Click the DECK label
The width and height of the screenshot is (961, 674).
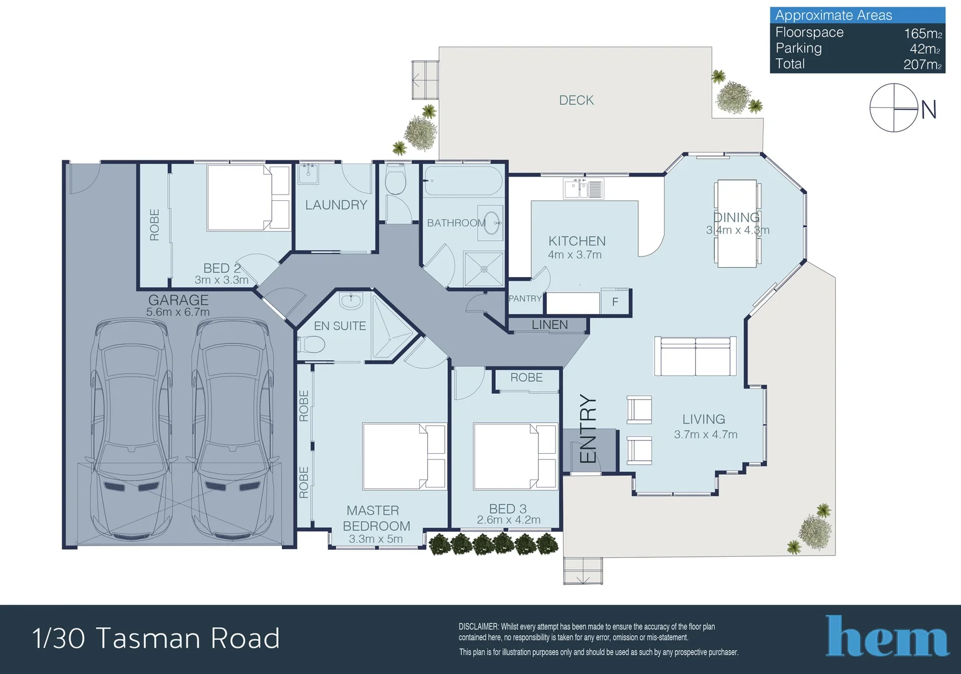[576, 100]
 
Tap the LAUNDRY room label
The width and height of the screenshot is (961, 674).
[336, 205]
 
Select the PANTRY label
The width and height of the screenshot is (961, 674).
[525, 299]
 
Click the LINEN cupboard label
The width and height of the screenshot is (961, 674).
[549, 325]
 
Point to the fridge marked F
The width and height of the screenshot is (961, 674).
[615, 302]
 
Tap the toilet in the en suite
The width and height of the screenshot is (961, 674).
[312, 344]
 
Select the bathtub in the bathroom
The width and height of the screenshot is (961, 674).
[463, 181]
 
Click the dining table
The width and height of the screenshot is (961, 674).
[736, 223]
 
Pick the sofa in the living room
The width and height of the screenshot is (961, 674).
[695, 356]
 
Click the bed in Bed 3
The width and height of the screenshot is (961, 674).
[514, 456]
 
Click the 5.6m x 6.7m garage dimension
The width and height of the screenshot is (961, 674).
[178, 312]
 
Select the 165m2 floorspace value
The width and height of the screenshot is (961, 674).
[922, 34]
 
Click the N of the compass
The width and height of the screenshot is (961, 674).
[929, 110]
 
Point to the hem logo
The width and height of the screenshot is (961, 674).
[887, 637]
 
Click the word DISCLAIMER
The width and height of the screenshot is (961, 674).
[478, 627]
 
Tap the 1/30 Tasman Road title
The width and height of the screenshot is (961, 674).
[156, 638]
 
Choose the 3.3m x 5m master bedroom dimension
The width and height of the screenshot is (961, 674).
[375, 539]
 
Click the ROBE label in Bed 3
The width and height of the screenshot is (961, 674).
[526, 378]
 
